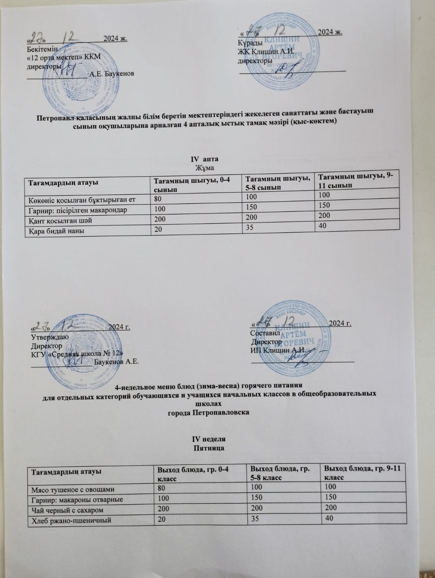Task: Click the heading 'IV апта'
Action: click(204, 159)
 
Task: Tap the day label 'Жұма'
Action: click(204, 168)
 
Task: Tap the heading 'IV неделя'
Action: click(208, 439)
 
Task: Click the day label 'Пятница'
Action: click(208, 448)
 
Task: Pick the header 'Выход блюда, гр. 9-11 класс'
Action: click(359, 473)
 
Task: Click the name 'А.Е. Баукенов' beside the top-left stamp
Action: click(112, 74)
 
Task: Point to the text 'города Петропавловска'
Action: click(209, 412)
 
